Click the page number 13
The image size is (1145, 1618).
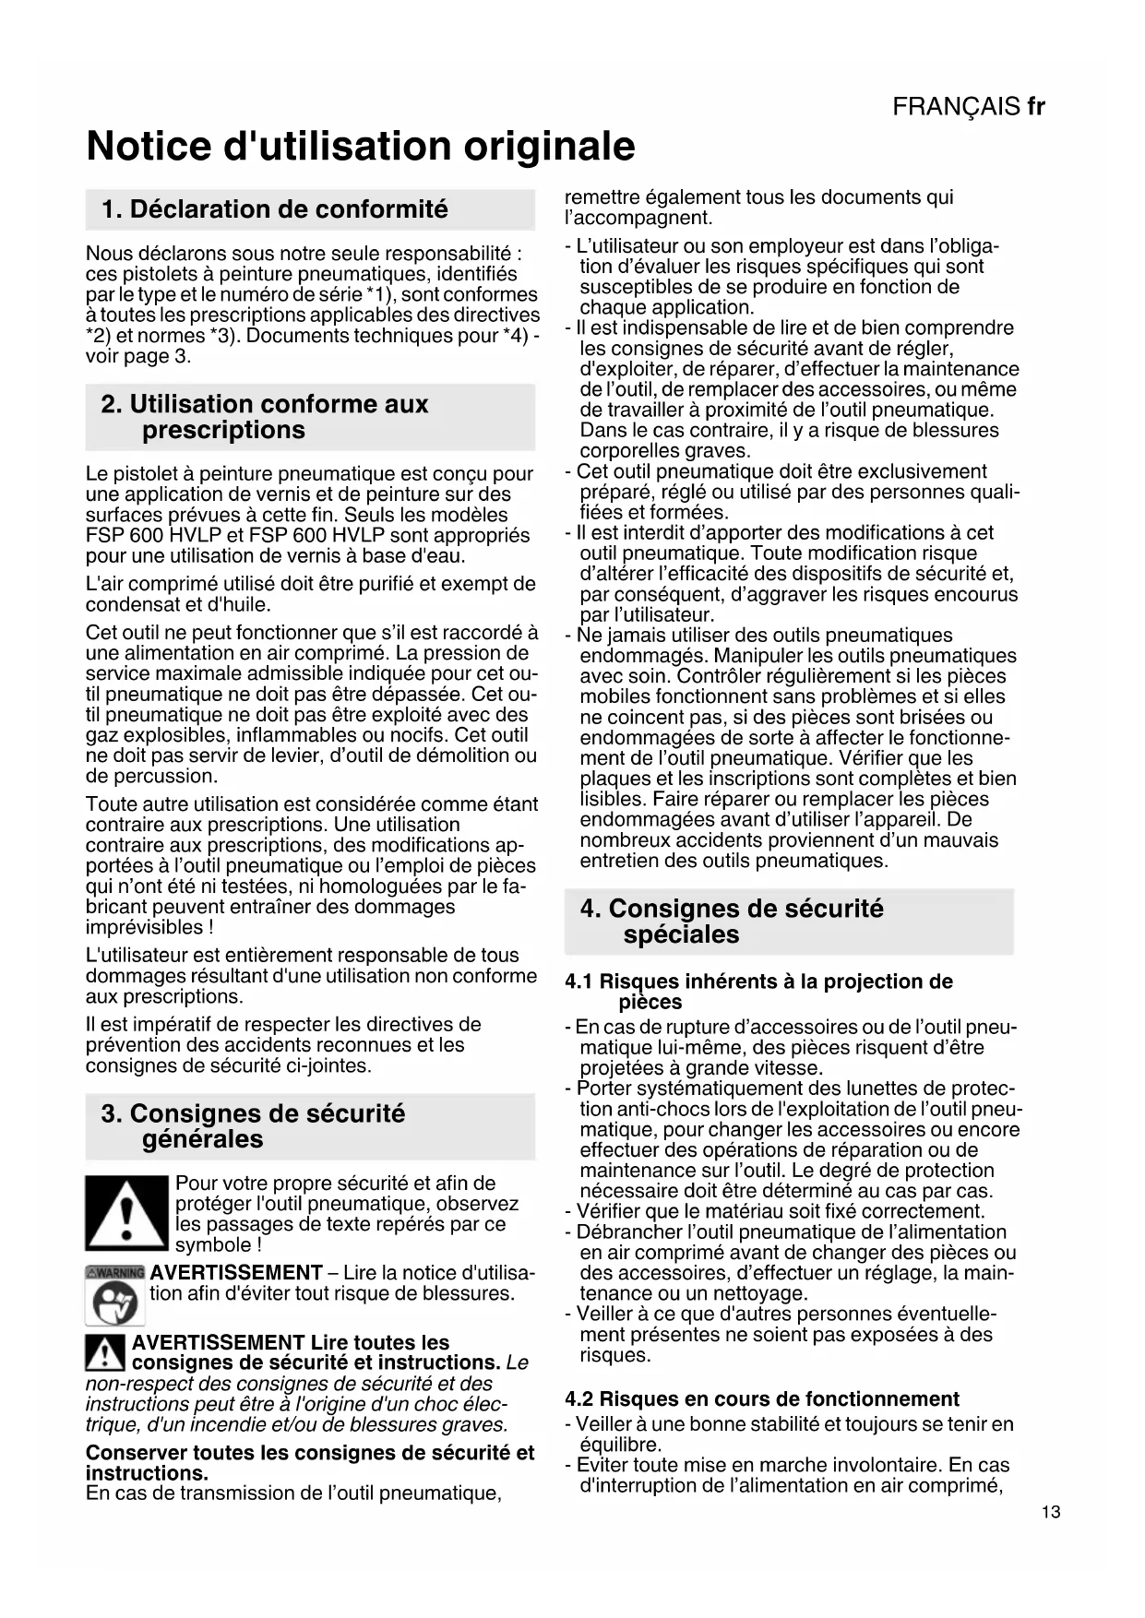[x=1050, y=1512]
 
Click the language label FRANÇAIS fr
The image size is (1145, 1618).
[x=968, y=107]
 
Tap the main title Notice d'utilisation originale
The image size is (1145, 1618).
[x=361, y=147]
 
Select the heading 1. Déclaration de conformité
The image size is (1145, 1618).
[x=275, y=209]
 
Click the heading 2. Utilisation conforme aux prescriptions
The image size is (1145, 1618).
[x=265, y=417]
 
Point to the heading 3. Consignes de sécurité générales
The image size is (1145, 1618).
[x=253, y=1126]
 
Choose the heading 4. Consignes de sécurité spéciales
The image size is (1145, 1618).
[x=731, y=922]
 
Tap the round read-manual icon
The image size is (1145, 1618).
[x=115, y=1303]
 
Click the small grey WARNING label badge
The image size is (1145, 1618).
[x=115, y=1272]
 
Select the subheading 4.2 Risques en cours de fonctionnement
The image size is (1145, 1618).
[x=762, y=1398]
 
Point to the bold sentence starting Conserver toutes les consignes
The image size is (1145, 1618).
[x=310, y=1462]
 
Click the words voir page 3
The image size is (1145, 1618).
[x=138, y=356]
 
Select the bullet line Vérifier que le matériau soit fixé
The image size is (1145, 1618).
[x=780, y=1211]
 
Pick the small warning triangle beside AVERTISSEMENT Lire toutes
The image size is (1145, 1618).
[x=105, y=1353]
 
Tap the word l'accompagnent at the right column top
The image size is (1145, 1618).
[x=638, y=218]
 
